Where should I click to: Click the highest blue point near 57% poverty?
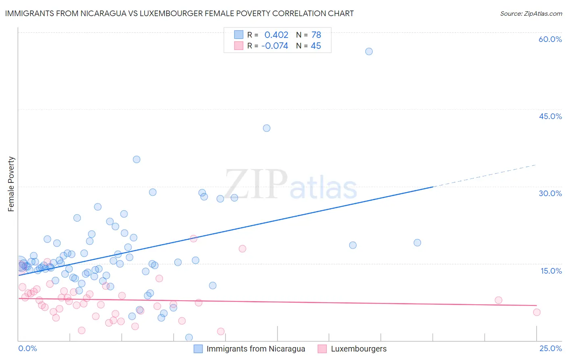pos(369,51)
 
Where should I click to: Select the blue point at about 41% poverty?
pos(267,128)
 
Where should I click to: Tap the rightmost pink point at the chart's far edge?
pos(536,312)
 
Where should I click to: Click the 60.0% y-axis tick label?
pos(550,39)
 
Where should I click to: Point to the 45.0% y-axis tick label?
pos(550,116)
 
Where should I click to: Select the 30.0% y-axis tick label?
pos(550,193)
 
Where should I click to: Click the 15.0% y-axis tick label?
pos(551,270)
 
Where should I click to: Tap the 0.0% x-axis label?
pos(27,348)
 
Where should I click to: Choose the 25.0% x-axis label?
pos(550,348)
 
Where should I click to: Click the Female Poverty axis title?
pos(11,184)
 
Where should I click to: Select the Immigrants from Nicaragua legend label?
pos(256,349)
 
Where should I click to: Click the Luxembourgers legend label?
pos(359,349)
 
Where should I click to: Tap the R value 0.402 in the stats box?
pos(276,35)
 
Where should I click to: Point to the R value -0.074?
pos(275,46)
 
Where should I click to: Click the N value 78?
pos(316,35)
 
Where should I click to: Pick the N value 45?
pos(316,46)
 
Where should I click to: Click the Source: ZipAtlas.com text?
pos(531,13)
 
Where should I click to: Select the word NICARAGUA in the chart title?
pos(105,13)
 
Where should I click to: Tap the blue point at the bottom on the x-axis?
pos(189,337)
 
